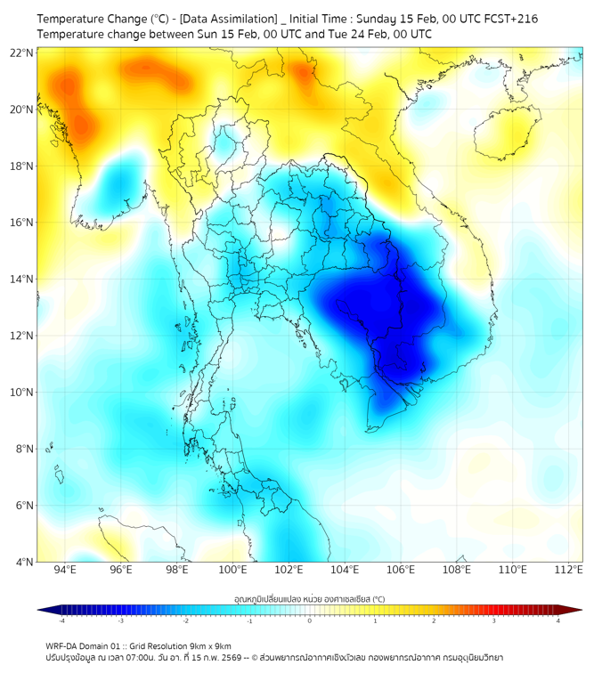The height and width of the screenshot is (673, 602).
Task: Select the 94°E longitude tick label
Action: click(x=65, y=571)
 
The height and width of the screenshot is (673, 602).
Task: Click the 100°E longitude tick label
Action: click(x=233, y=571)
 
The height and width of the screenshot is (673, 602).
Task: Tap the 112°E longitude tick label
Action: click(x=569, y=571)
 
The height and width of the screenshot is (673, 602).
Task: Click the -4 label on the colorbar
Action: click(x=61, y=620)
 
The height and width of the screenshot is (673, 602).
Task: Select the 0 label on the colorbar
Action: click(x=310, y=620)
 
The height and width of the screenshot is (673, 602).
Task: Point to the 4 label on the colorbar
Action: click(x=557, y=620)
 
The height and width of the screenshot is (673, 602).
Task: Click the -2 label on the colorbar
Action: click(x=185, y=620)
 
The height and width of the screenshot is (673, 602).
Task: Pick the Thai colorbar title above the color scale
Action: click(x=309, y=598)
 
